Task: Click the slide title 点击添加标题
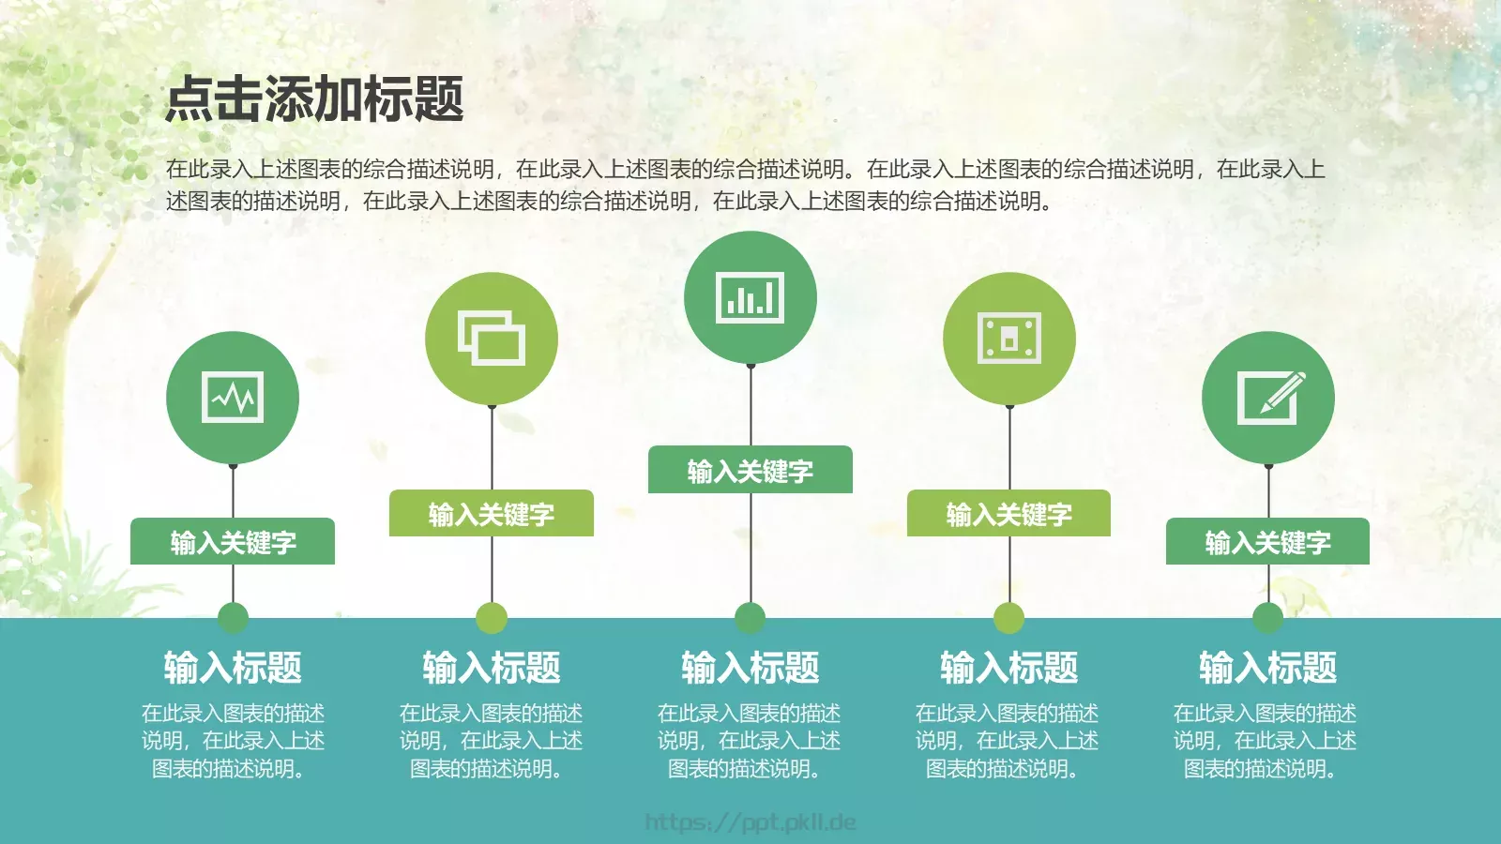(314, 99)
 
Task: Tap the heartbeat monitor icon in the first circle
(233, 398)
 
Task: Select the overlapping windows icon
(492, 339)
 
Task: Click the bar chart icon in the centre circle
(750, 298)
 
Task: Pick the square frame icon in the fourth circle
(1009, 338)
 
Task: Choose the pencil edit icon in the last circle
(1268, 398)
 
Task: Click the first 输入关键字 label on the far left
(233, 542)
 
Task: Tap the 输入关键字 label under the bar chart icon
(750, 470)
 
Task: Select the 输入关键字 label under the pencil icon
(1268, 542)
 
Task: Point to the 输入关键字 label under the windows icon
(492, 514)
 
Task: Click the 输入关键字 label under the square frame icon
(1009, 514)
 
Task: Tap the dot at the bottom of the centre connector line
(750, 618)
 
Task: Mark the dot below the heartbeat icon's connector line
(233, 618)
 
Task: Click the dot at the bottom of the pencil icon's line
(1268, 618)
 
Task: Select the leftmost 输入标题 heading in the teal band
(233, 668)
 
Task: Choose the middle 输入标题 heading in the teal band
(750, 668)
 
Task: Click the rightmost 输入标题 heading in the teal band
(1268, 668)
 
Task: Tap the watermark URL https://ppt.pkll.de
(750, 822)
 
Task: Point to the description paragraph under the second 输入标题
(492, 741)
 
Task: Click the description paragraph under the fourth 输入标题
(1008, 741)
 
